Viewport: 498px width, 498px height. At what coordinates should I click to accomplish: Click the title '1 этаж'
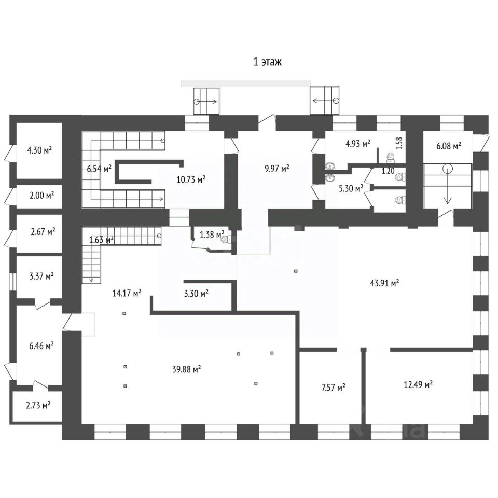(267, 61)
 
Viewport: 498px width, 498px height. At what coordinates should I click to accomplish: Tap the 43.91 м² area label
(384, 282)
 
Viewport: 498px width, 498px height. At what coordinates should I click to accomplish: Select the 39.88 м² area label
(186, 369)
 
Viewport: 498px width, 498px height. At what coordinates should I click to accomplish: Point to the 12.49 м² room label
(418, 384)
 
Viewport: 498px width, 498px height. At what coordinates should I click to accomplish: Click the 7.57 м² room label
(333, 387)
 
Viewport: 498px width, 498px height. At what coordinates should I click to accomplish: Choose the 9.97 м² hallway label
(277, 168)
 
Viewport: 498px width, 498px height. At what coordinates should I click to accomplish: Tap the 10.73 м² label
(191, 179)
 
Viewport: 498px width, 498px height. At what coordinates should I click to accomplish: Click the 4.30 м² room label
(40, 150)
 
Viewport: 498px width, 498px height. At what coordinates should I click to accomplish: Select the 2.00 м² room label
(41, 195)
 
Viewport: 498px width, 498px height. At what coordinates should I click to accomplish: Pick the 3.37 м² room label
(41, 276)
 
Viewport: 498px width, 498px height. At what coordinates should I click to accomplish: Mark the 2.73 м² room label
(38, 405)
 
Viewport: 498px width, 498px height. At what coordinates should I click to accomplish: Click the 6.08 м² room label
(448, 146)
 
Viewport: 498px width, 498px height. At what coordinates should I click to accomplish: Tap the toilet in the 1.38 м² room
(225, 239)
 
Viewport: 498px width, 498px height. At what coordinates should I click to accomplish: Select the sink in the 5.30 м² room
(330, 178)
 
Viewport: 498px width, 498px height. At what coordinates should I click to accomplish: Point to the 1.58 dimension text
(399, 143)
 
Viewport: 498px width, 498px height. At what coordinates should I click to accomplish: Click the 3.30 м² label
(196, 293)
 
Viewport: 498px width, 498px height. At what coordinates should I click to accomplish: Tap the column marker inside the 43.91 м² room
(296, 271)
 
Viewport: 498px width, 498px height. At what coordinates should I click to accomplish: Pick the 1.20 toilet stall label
(388, 171)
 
